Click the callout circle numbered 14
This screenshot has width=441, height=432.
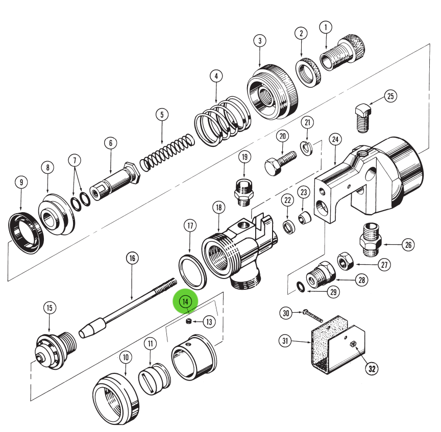[185, 301]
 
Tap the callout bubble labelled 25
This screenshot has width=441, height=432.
[390, 96]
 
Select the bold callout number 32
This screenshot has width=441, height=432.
[371, 368]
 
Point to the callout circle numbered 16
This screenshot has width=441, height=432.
[132, 259]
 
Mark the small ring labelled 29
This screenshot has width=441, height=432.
[301, 288]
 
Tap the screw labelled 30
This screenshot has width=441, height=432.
[312, 315]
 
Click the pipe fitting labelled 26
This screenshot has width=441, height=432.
[371, 239]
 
